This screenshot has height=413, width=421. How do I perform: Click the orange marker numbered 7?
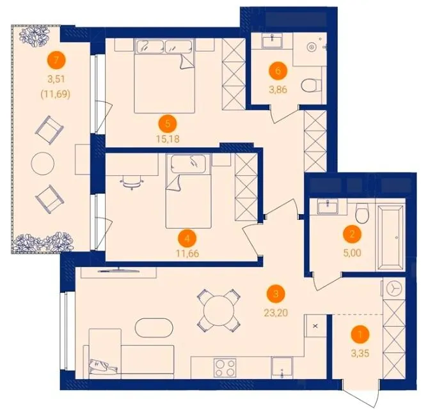pos(56,60)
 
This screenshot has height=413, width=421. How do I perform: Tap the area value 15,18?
pos(168,139)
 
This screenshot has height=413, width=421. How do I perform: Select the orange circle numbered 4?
pos(187,238)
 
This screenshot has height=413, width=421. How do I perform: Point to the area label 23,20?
pos(276,313)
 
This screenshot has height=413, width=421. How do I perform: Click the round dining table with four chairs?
pos(219,311)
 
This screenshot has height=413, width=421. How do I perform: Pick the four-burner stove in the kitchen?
pos(225,368)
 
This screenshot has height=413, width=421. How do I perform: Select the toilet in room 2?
pos(362,214)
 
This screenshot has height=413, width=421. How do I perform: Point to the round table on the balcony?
pos(43,164)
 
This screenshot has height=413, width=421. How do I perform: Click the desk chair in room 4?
pos(132,182)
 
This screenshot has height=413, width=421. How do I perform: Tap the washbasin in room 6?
pos(273,41)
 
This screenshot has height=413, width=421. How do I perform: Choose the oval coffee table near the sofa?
pos(154,327)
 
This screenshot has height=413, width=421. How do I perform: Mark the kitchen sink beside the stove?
pos(282,368)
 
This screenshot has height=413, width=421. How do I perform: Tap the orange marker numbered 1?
pos(360,334)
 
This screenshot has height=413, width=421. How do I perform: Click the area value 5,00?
pos(353,253)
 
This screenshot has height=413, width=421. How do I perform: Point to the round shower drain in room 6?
pos(311,47)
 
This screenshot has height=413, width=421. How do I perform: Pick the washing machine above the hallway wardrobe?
pos(393,288)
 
